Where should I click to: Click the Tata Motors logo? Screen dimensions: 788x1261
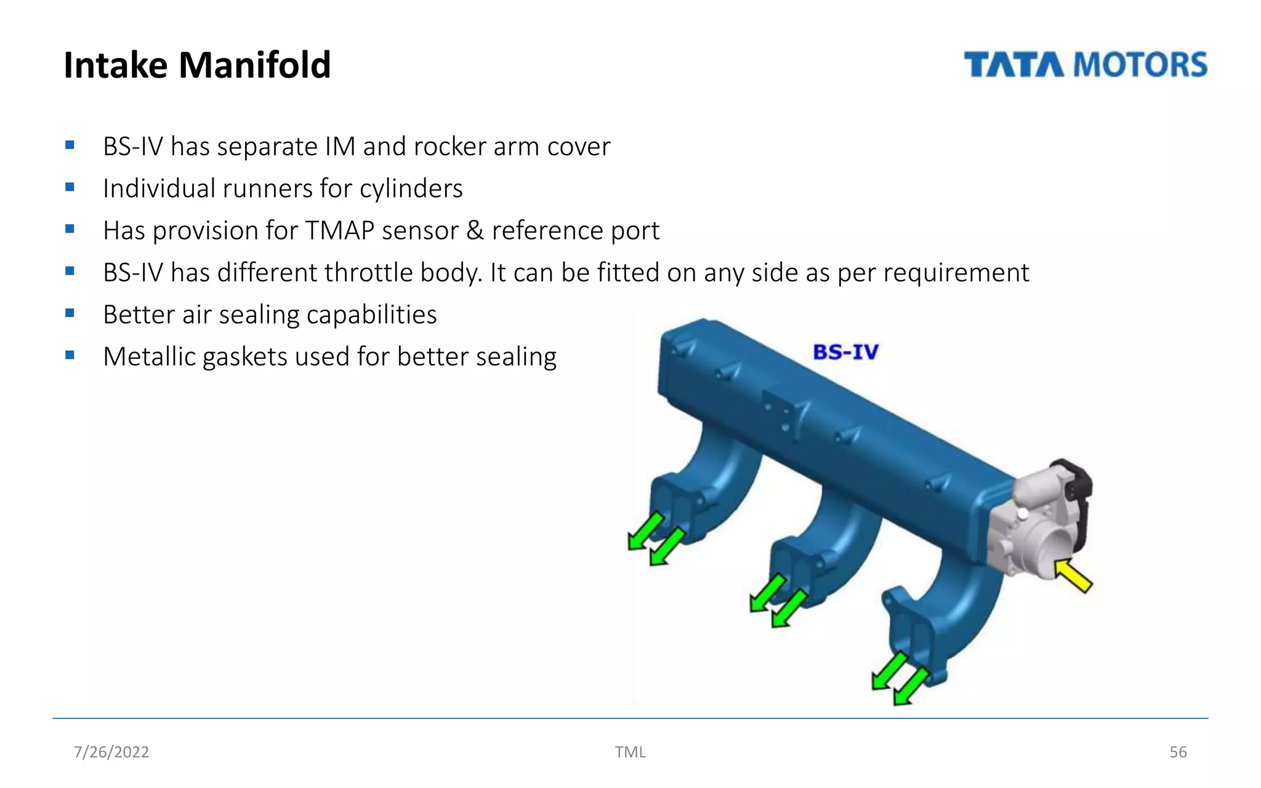click(x=1085, y=65)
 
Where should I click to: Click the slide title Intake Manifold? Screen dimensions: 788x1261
click(x=197, y=65)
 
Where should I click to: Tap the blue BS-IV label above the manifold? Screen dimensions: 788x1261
click(x=845, y=352)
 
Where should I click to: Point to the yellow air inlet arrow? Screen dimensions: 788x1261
click(x=1073, y=575)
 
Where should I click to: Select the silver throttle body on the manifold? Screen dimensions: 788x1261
click(x=1034, y=523)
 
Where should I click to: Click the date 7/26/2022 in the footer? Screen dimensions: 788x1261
click(x=111, y=752)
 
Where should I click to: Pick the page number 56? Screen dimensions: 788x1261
click(x=1178, y=752)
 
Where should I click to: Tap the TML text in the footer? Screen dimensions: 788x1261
click(x=630, y=752)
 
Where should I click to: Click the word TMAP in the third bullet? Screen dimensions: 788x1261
click(x=339, y=231)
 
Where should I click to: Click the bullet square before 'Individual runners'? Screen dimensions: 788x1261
click(x=70, y=187)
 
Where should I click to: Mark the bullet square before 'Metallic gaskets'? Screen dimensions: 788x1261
click(x=70, y=355)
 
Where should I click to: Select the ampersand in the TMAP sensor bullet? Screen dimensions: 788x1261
click(x=475, y=231)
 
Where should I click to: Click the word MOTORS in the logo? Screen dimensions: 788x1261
click(x=1141, y=65)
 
